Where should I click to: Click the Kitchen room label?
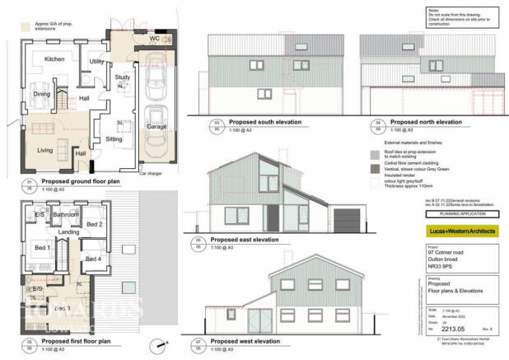tap(55, 59)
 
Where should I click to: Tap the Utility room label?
tap(96, 62)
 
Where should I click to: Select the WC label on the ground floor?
tap(154, 39)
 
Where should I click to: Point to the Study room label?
tap(123, 78)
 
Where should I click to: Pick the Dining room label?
tap(42, 94)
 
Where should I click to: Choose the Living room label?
tap(45, 149)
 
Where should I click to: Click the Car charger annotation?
tap(150, 175)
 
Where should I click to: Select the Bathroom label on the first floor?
tap(66, 215)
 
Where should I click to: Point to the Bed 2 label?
tap(94, 224)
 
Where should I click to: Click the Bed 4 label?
tap(95, 259)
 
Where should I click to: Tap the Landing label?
tap(69, 232)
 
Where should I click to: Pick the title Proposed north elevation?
tap(422, 121)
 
